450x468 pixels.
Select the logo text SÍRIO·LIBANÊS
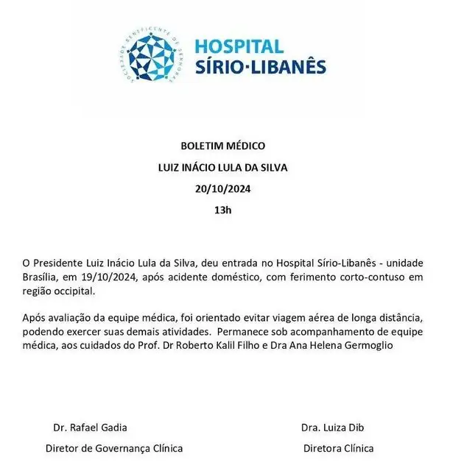tap(260, 68)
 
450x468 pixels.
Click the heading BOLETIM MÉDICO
tap(222, 146)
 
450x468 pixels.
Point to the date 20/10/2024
tap(222, 188)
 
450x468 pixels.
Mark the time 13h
tap(222, 210)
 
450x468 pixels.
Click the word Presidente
tap(61, 263)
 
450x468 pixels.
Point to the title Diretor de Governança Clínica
tap(114, 447)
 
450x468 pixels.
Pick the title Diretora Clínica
tap(338, 447)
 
